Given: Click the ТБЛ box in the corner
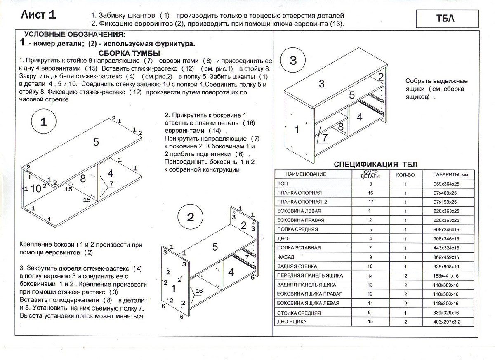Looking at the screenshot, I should pos(447,19).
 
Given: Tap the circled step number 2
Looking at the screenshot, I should pos(190,217).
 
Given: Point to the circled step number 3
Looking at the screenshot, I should pos(292,60).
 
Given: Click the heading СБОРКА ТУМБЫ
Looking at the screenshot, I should pos(130,53).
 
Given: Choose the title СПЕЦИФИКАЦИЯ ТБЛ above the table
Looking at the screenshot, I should pos(375,164).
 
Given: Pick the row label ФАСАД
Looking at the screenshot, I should pos(286,257).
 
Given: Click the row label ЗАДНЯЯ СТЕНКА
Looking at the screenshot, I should pos(295,266).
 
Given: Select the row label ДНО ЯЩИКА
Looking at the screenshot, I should pos(290,322).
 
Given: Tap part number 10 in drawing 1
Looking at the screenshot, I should pos(36,188).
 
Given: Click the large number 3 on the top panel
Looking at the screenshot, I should pos(321,84).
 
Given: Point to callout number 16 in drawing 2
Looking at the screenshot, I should pos(199,291).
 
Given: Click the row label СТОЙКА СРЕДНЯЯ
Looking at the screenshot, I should pos(294,313).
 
